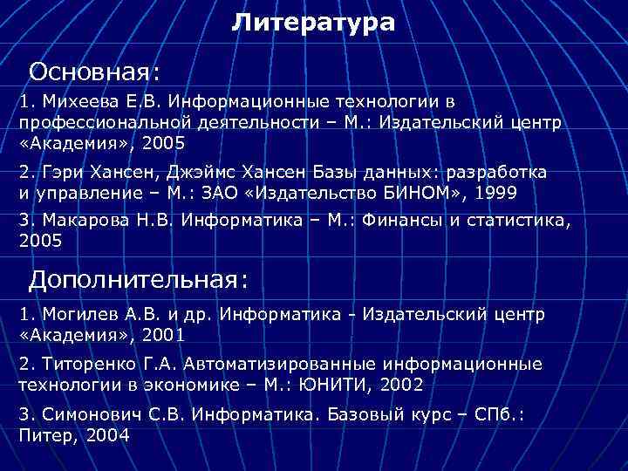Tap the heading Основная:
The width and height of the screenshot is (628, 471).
[x=92, y=69]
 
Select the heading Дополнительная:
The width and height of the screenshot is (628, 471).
[x=139, y=279]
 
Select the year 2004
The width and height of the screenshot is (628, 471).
[x=107, y=434]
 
